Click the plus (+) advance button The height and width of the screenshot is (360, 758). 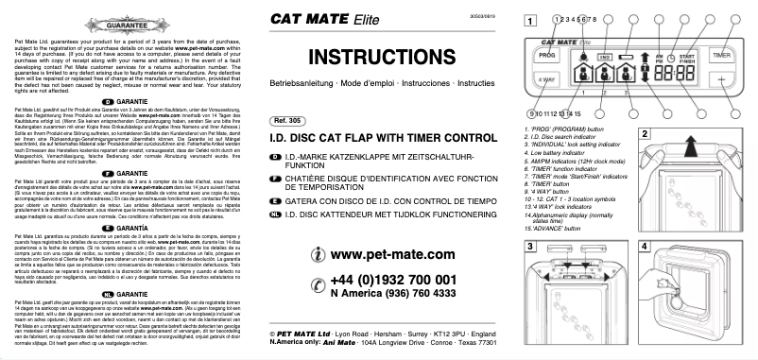(721, 80)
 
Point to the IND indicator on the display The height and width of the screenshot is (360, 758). (605, 57)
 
